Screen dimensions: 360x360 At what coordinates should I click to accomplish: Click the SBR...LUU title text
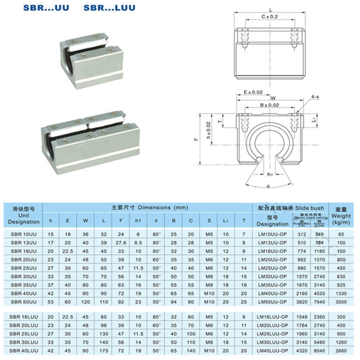coord(109,8)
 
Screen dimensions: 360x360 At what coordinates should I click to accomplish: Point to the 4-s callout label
coord(316,96)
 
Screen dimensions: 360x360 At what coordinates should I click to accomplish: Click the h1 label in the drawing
coord(270,174)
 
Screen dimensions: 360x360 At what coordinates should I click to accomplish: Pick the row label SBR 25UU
coord(23,268)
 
